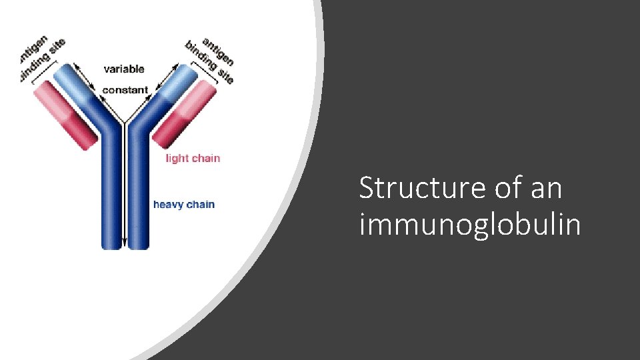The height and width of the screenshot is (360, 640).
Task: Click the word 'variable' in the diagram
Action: pos(123,69)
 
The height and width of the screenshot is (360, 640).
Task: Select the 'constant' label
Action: pos(125,90)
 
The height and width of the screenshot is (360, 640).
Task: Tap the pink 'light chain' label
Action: pos(193,159)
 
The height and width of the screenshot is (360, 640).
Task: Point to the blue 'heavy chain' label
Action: pos(184,205)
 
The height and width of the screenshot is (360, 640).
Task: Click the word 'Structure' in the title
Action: pos(422,189)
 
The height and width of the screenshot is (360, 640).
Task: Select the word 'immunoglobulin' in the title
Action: pos(469,225)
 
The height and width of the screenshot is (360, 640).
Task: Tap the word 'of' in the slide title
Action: pos(509,189)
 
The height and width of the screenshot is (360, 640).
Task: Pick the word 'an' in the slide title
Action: pos(547,189)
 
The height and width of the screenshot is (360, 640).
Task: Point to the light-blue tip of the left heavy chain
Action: pos(75,81)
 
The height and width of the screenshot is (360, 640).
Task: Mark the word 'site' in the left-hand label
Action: pos(56,45)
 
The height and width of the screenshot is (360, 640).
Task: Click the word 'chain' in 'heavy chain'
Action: pos(201,205)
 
